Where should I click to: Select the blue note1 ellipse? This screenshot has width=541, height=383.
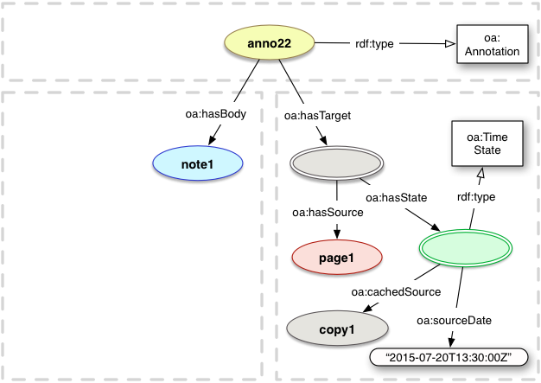(195, 163)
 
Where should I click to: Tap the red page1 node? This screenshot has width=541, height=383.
(337, 256)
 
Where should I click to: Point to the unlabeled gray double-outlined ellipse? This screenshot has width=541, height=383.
(337, 163)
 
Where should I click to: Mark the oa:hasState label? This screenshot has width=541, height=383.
(397, 198)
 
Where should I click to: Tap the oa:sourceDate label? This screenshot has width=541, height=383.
(454, 322)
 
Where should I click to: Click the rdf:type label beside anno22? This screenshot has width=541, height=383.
(373, 44)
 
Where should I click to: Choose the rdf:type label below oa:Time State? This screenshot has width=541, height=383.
(475, 198)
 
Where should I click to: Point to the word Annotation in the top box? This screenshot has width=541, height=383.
(489, 52)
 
